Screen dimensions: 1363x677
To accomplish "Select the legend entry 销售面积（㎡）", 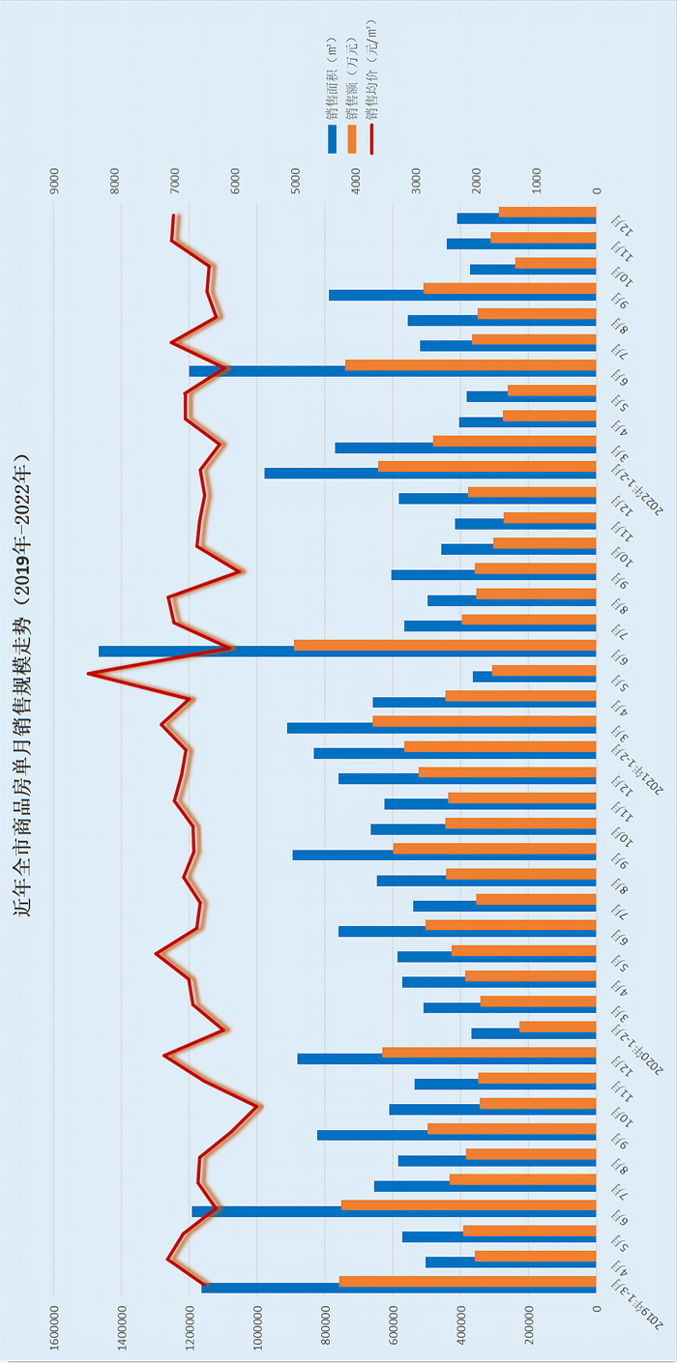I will point(332,97).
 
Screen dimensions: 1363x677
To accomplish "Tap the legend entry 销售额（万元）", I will point(352,97).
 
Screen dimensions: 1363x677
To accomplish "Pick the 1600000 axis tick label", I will point(54,1336).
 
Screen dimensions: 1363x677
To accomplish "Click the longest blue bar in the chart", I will point(348,652).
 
